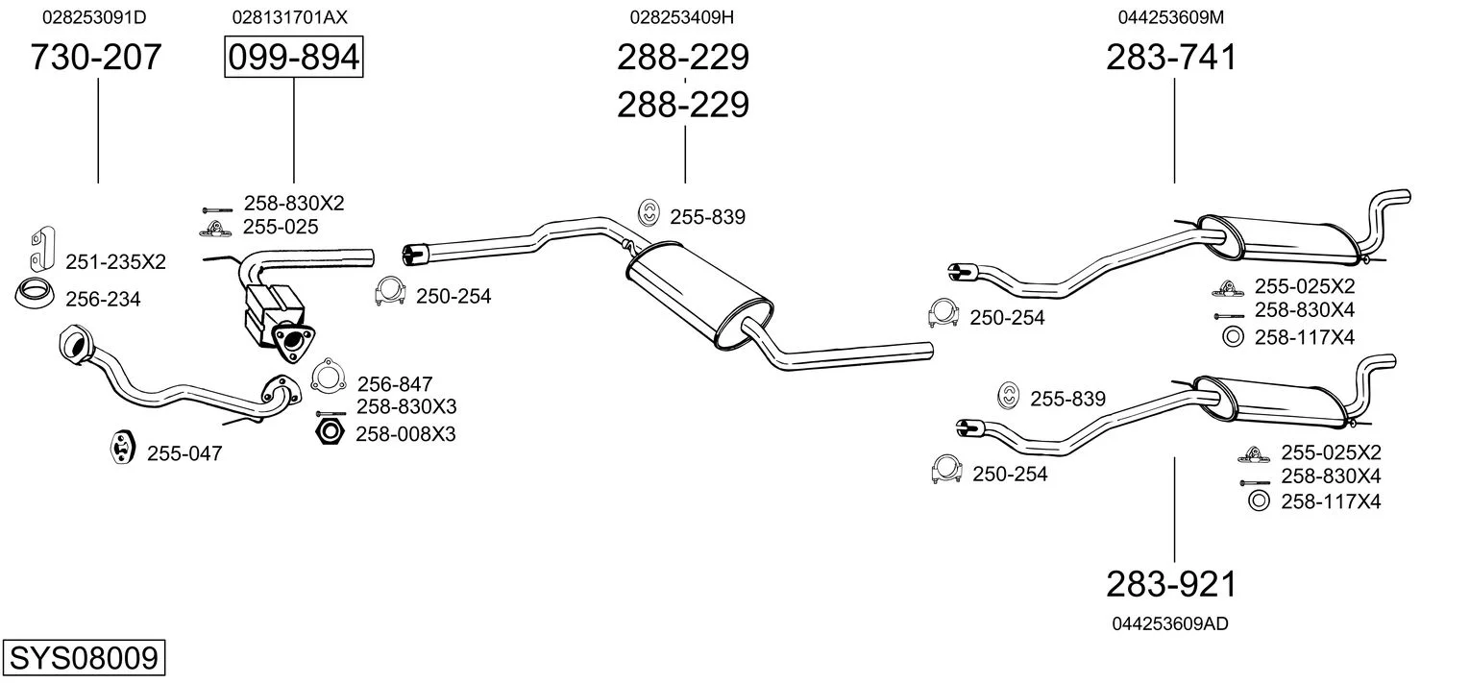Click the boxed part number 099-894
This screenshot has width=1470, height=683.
click(x=293, y=58)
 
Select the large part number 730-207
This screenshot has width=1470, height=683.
click(x=96, y=58)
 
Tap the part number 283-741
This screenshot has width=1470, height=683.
click(x=1171, y=58)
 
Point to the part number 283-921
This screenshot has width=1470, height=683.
click(x=1171, y=583)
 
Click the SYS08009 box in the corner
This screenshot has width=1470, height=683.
click(x=83, y=659)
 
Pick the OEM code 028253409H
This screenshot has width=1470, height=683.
click(x=682, y=17)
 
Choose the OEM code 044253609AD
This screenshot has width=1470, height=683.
click(x=1169, y=623)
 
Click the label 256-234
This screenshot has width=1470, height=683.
click(x=103, y=300)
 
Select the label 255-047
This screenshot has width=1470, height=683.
click(x=184, y=453)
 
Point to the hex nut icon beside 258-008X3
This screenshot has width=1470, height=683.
click(x=330, y=431)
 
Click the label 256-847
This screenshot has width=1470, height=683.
click(x=395, y=384)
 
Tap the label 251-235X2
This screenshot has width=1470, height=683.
click(x=115, y=261)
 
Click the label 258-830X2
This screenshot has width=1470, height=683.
click(x=293, y=204)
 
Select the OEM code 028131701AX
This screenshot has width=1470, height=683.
click(x=289, y=17)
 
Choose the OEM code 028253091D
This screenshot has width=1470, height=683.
click(x=94, y=17)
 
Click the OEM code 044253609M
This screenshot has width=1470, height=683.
click(x=1170, y=17)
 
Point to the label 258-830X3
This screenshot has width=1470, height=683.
click(x=406, y=406)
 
